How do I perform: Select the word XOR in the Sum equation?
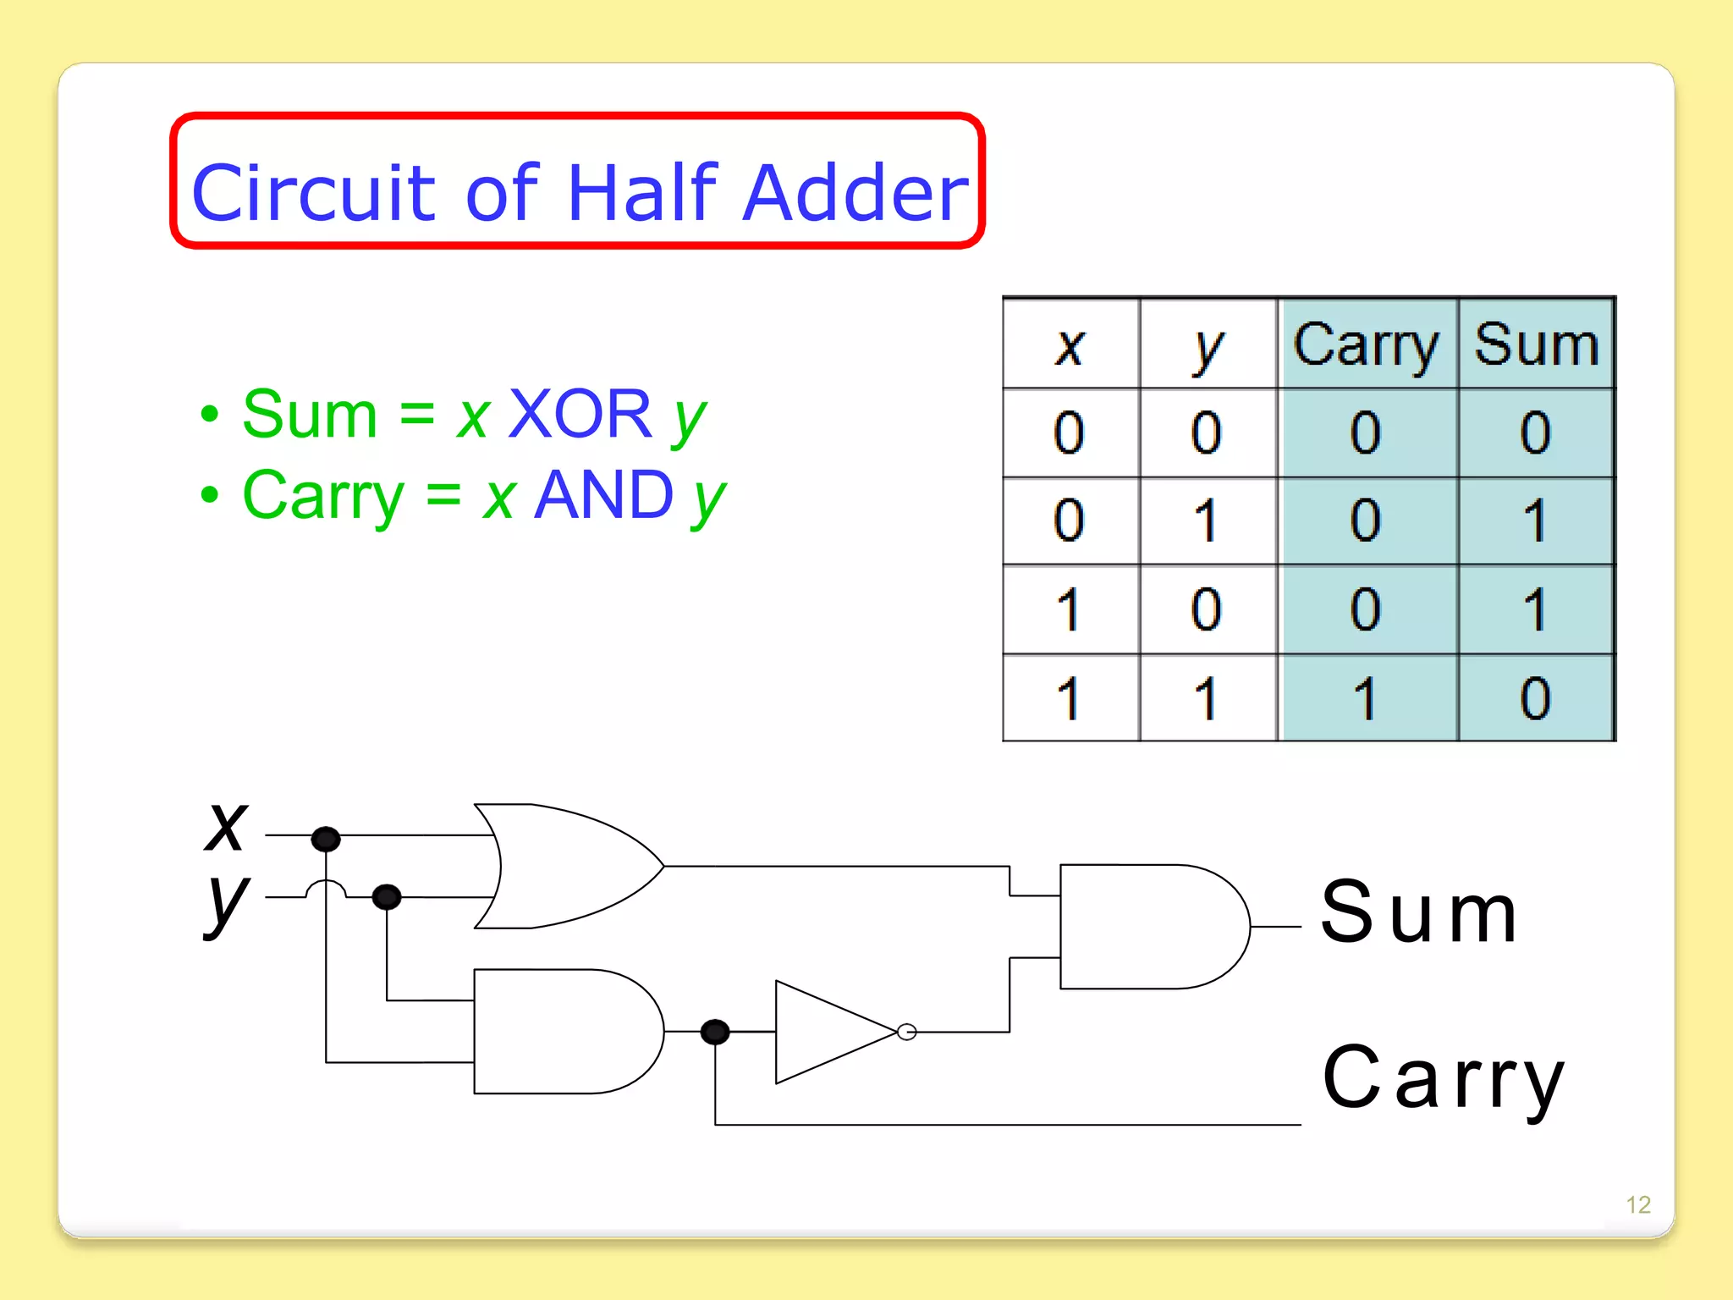[580, 414]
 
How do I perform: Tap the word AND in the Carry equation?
[604, 495]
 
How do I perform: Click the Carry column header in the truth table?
[1366, 345]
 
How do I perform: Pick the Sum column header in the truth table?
[1536, 345]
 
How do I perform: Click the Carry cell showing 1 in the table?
[1366, 698]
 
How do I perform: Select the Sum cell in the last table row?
[1536, 698]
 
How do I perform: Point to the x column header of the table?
[1070, 345]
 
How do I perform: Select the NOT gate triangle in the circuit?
[829, 1032]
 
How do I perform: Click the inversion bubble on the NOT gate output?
[906, 1032]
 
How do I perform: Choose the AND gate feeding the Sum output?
[1147, 927]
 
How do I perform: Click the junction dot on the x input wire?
[326, 839]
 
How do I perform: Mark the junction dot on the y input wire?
[387, 896]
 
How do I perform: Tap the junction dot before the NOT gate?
[715, 1031]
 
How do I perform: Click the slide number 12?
[1638, 1204]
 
